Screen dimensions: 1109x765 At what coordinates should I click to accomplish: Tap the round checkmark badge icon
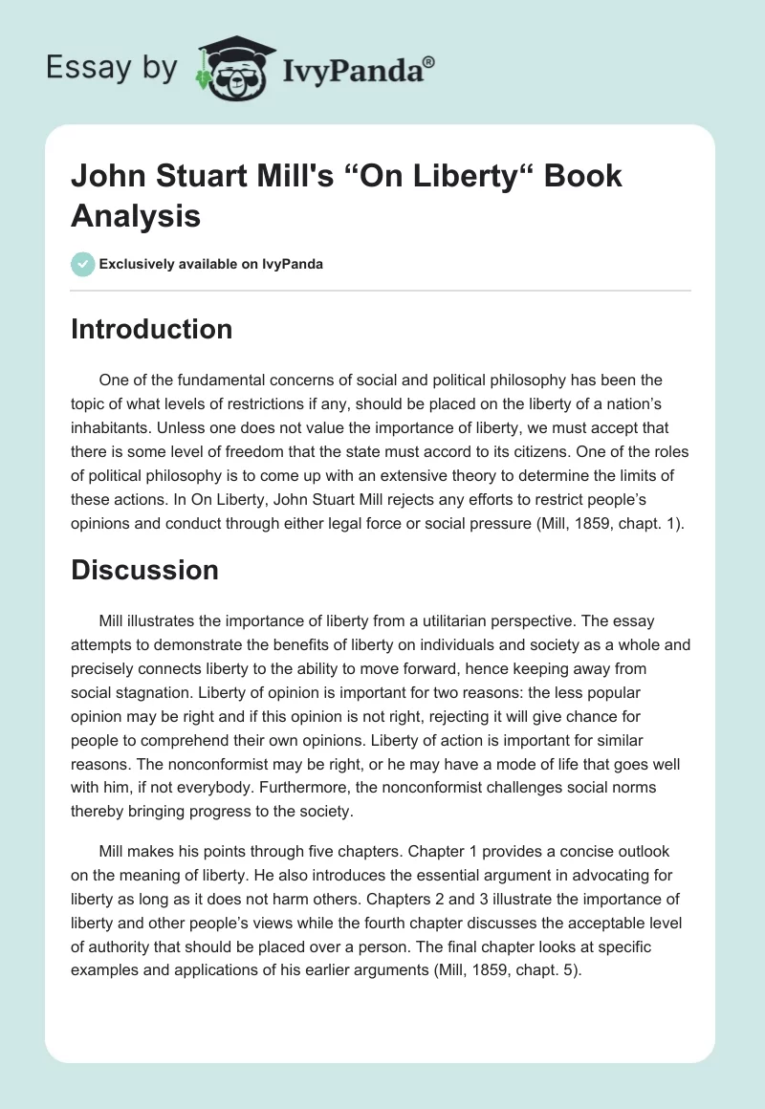pos(83,265)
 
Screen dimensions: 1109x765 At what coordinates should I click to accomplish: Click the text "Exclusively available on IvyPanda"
pos(210,265)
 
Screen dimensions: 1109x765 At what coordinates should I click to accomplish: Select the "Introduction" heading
pos(151,329)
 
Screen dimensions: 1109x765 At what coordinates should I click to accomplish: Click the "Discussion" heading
pos(144,570)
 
